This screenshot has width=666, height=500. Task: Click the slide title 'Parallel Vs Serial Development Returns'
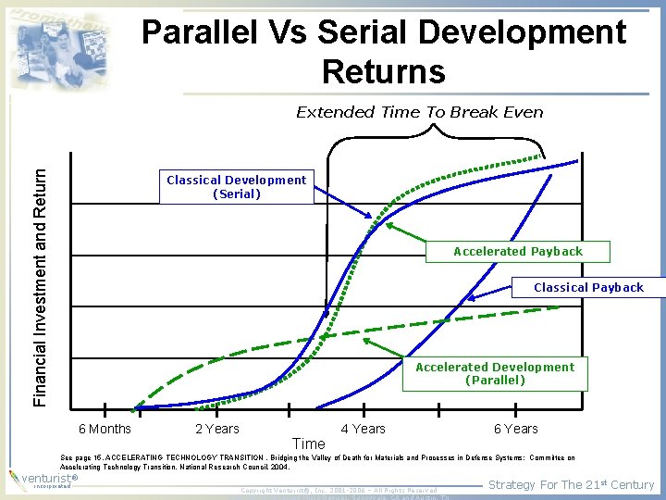[x=383, y=51]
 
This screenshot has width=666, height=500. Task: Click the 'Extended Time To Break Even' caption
[x=419, y=112]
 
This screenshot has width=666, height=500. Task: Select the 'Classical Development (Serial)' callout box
[x=236, y=187]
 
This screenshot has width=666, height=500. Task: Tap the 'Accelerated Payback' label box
[x=517, y=251]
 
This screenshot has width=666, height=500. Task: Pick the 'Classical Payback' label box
[x=588, y=287]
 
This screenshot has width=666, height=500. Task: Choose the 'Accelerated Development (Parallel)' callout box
[x=495, y=373]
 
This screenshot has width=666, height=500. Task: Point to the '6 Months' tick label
[x=105, y=429]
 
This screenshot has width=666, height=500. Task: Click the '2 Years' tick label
[x=216, y=429]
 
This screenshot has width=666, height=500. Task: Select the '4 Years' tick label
[x=363, y=429]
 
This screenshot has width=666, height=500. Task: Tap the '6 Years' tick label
[x=515, y=429]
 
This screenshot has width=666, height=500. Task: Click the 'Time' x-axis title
[x=308, y=444]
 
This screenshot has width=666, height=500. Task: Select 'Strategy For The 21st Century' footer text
[x=571, y=484]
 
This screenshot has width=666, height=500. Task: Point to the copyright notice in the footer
[x=338, y=490]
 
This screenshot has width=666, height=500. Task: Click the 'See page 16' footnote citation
[x=314, y=462]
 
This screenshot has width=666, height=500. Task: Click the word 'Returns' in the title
[x=383, y=71]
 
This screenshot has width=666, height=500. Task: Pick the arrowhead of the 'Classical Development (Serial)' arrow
[x=373, y=219]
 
